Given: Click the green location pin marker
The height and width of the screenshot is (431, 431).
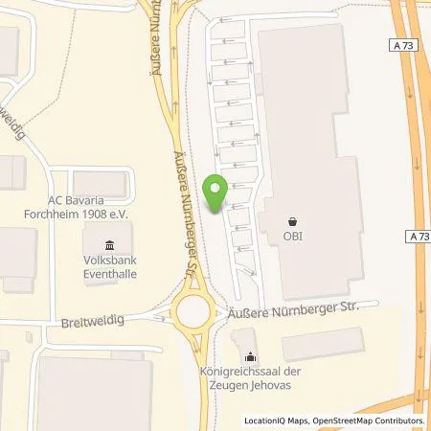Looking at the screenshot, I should pos(216,192).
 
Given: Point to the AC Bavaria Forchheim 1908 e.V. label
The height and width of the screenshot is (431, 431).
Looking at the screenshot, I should pos(74,208).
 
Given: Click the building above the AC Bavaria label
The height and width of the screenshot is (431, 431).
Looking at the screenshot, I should pos(102,181).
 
